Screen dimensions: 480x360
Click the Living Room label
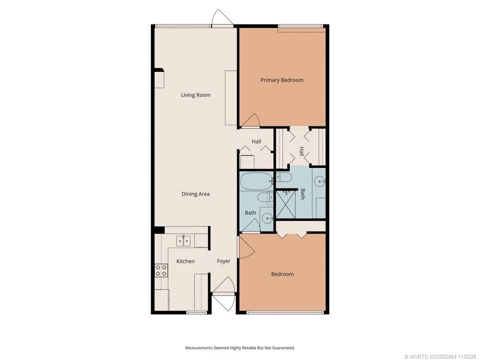click(x=195, y=95)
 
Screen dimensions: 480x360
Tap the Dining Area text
click(x=195, y=194)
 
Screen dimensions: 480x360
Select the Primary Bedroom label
click(x=282, y=80)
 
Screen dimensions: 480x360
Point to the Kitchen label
click(x=186, y=261)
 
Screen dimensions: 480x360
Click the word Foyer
click(x=224, y=261)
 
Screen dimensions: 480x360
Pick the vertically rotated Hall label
click(x=302, y=151)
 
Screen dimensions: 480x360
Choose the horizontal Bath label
click(x=250, y=213)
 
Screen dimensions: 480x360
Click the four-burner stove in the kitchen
click(x=161, y=270)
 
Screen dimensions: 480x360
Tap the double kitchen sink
click(x=183, y=240)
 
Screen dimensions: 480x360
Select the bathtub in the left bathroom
click(x=256, y=181)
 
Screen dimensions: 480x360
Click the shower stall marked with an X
click(x=286, y=204)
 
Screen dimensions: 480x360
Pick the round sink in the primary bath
click(x=320, y=181)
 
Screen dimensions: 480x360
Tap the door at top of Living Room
click(x=223, y=18)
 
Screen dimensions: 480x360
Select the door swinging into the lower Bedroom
click(x=247, y=247)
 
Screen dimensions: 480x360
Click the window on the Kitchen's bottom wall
click(x=197, y=313)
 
